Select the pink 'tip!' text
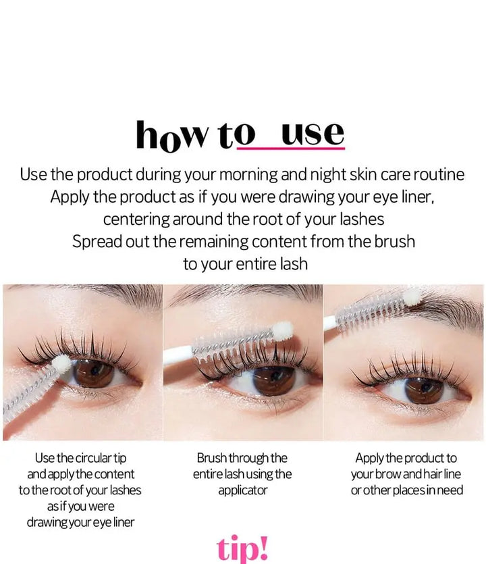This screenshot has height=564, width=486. (x=242, y=548)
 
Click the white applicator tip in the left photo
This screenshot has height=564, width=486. (x=62, y=364)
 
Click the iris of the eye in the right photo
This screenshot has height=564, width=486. (x=423, y=390)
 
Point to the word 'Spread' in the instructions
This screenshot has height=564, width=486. (x=99, y=241)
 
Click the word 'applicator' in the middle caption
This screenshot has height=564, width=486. (x=242, y=490)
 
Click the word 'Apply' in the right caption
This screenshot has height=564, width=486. (x=370, y=458)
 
